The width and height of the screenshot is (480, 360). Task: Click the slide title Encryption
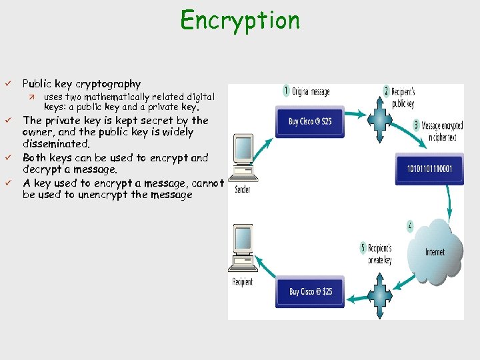click(240, 20)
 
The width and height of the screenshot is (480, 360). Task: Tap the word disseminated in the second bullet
click(55, 143)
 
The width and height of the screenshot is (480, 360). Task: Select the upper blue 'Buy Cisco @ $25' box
click(310, 121)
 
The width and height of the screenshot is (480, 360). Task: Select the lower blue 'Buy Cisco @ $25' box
click(310, 291)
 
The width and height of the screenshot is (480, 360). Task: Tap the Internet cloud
click(434, 251)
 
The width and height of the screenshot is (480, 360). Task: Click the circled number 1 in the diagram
click(287, 90)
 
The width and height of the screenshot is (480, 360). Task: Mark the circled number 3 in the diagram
click(416, 125)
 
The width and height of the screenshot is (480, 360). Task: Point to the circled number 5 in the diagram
click(363, 248)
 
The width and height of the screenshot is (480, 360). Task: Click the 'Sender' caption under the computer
click(243, 189)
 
